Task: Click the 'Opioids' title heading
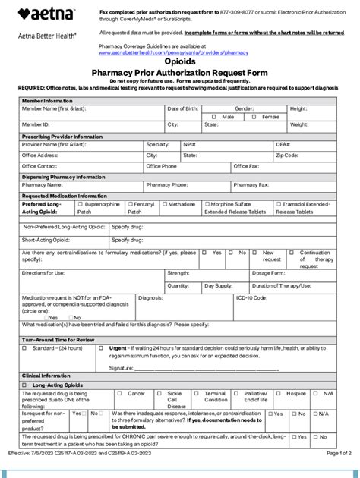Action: click(x=180, y=61)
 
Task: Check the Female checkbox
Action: click(x=257, y=117)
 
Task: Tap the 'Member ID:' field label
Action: click(x=36, y=124)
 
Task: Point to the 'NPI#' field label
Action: click(x=189, y=143)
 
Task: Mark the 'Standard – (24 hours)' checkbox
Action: click(x=24, y=348)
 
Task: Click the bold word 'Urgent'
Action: click(x=118, y=348)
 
